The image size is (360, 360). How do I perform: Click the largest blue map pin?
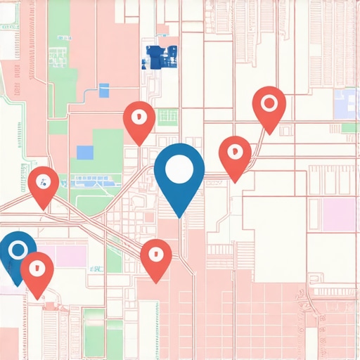tap(179, 173)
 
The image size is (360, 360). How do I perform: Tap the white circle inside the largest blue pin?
tap(179, 167)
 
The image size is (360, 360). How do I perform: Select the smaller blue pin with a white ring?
tap(17, 252)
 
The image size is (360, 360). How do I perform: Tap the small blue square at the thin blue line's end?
tap(105, 90)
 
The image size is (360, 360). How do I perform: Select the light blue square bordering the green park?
tap(85, 152)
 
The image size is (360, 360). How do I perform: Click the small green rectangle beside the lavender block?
tap(349, 128)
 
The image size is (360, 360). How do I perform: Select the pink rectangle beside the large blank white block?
tap(340, 214)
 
